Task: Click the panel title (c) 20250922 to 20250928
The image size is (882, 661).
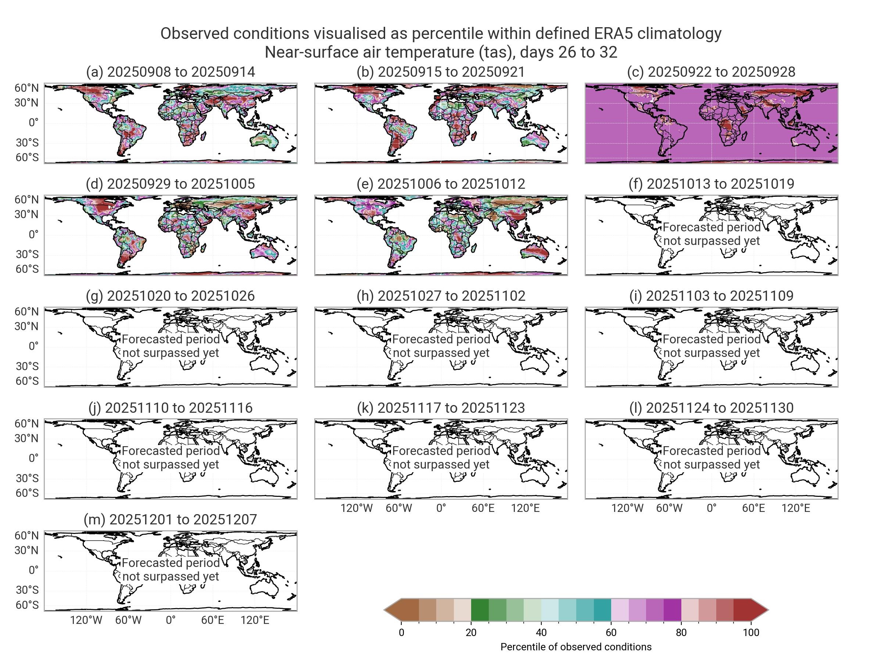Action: (711, 72)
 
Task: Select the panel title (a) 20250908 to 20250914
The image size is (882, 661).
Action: (170, 72)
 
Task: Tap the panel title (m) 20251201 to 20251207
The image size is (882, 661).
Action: (170, 520)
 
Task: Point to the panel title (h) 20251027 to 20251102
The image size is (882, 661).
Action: (441, 296)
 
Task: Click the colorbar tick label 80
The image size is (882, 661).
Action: (681, 632)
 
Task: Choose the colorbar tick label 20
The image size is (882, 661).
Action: (471, 632)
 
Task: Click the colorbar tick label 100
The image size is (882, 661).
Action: (751, 632)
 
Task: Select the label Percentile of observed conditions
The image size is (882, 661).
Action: (576, 647)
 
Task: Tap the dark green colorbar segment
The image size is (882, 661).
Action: (480, 610)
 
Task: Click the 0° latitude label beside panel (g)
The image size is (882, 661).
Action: (33, 346)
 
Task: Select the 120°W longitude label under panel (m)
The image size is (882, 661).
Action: (86, 620)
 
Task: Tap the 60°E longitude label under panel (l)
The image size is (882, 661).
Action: (753, 508)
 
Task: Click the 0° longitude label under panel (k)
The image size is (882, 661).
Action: (441, 508)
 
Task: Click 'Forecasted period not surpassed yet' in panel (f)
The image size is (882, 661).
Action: (711, 234)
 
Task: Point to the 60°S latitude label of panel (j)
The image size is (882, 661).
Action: (27, 493)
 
